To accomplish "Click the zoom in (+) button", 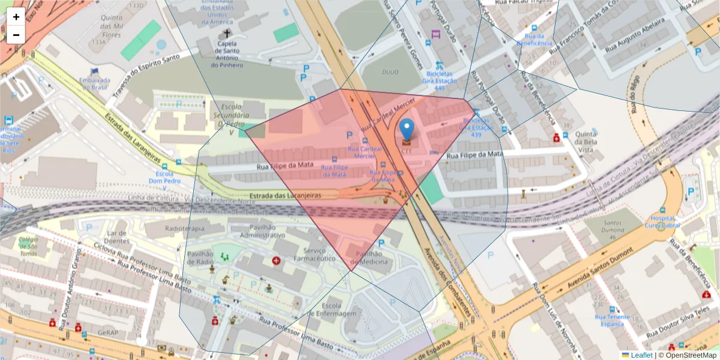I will pyautogui.click(x=16, y=17).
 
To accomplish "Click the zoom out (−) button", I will pyautogui.click(x=16, y=35).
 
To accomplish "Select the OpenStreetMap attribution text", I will pyautogui.click(x=687, y=355).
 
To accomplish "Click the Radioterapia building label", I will pyautogui.click(x=184, y=229).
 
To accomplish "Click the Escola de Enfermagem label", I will pyautogui.click(x=331, y=309).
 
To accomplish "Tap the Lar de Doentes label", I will pyautogui.click(x=118, y=236).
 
